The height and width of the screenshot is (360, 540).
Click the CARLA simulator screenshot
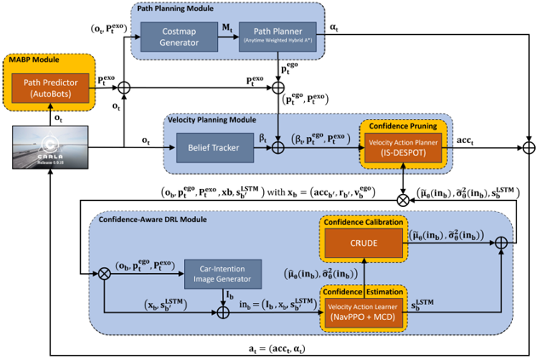pyautogui.click(x=48, y=154)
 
